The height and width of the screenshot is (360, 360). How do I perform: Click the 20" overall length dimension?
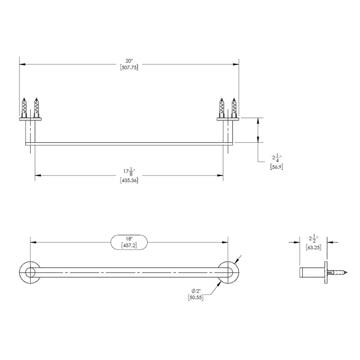point(129,60)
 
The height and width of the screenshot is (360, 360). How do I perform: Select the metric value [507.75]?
point(129,67)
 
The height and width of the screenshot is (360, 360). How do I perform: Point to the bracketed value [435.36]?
point(129,180)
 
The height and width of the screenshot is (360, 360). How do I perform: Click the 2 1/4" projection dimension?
point(276,158)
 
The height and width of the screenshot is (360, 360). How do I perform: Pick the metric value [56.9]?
point(276,166)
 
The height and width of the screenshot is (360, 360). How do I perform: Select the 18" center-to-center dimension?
point(129,238)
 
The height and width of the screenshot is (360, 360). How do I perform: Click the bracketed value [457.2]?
point(129,246)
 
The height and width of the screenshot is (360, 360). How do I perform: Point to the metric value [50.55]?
point(195,297)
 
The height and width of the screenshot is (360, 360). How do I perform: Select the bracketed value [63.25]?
point(313,247)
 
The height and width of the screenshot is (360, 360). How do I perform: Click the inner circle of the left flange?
point(30,272)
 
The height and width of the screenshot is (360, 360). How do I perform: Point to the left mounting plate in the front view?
point(30,119)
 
